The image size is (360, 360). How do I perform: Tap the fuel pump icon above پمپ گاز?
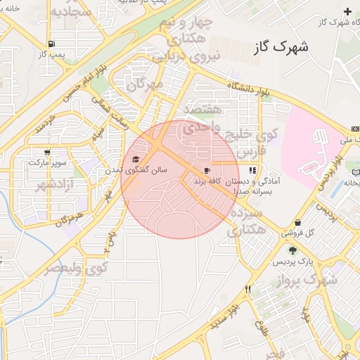coord(42,42)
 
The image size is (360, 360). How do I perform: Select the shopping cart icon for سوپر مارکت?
coord(47,152)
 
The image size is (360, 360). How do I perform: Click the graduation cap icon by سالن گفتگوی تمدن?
coord(136,160)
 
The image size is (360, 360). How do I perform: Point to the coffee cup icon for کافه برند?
coord(207,171)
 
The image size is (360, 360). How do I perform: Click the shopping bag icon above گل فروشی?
coord(298,222)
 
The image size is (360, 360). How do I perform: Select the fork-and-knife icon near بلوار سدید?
coord(247,289)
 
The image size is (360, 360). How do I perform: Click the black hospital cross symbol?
coord(347,11)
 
